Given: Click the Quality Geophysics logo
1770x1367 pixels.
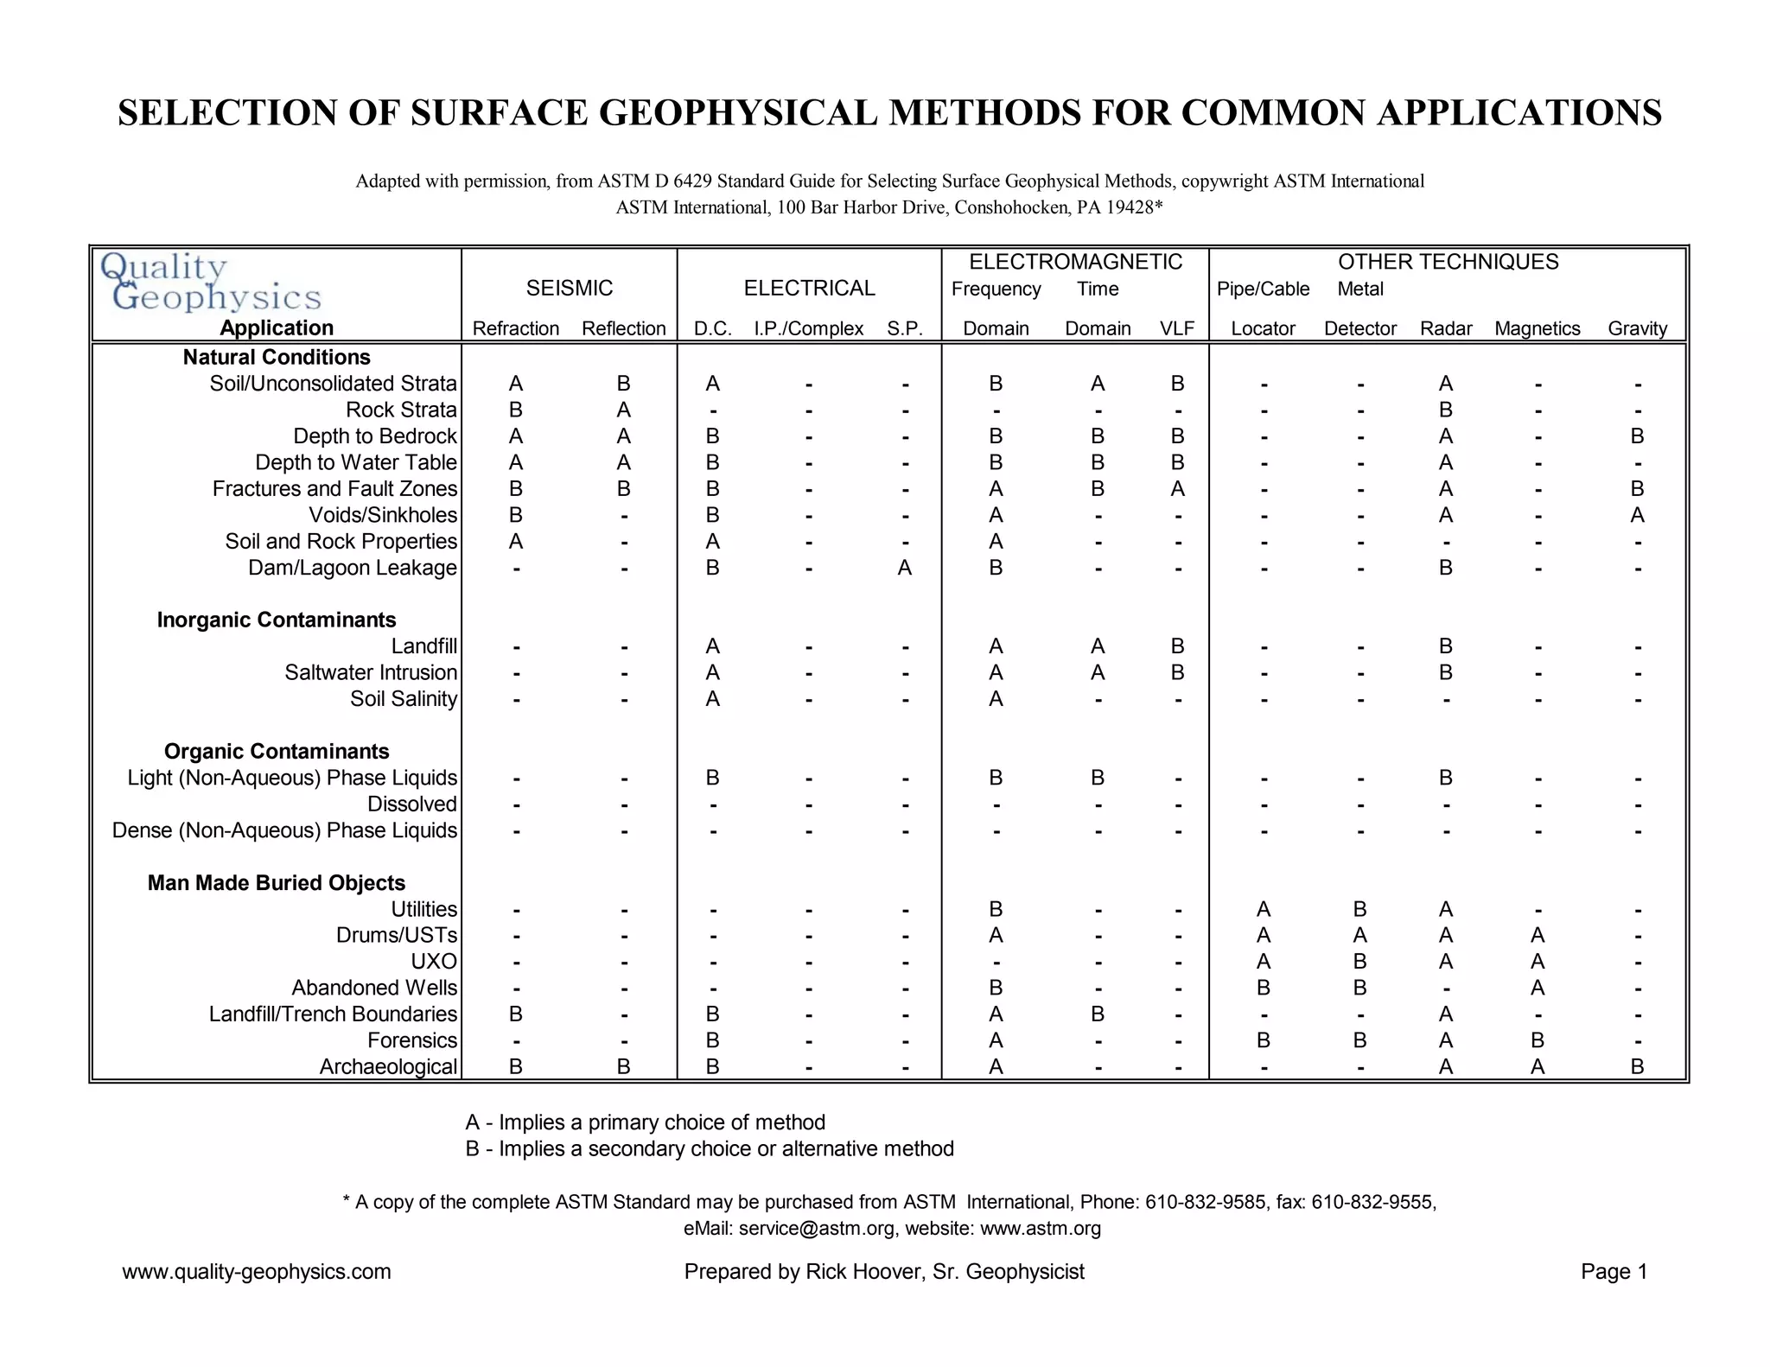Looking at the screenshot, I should pyautogui.click(x=210, y=283).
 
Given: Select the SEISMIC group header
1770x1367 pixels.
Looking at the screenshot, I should pyautogui.click(x=570, y=288).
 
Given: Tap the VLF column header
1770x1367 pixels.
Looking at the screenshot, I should pyautogui.click(x=1177, y=328).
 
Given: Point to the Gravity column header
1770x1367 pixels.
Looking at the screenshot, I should pyautogui.click(x=1637, y=328).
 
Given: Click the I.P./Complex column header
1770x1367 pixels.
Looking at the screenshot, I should pyautogui.click(x=808, y=328).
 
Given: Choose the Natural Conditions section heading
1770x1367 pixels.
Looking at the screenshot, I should pyautogui.click(x=277, y=357).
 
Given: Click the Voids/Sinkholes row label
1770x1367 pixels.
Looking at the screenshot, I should pyautogui.click(x=383, y=515).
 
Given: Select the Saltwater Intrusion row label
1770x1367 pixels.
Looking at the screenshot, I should pyautogui.click(x=371, y=672).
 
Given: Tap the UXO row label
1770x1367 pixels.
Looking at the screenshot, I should pyautogui.click(x=434, y=962).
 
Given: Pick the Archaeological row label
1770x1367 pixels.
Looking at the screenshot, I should pyautogui.click(x=388, y=1067).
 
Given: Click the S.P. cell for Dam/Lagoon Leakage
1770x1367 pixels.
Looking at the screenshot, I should pyautogui.click(x=904, y=568).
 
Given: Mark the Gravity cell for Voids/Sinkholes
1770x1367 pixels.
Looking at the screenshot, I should pyautogui.click(x=1637, y=516).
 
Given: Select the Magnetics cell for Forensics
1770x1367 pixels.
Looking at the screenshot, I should pyautogui.click(x=1537, y=1040).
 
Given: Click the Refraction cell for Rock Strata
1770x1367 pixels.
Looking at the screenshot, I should pyautogui.click(x=516, y=410).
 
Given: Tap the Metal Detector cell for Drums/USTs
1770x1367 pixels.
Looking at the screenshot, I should pyautogui.click(x=1359, y=936).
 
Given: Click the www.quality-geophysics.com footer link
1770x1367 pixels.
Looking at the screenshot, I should pyautogui.click(x=257, y=1272).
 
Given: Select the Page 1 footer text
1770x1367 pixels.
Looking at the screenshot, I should pyautogui.click(x=1614, y=1272).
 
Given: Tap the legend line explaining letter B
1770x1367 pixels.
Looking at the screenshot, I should pyautogui.click(x=710, y=1149).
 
